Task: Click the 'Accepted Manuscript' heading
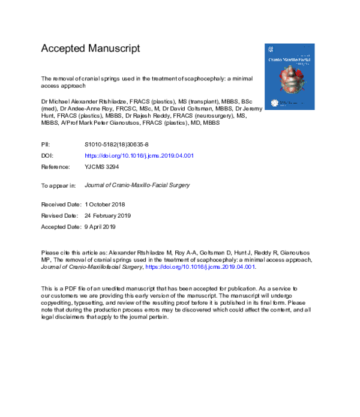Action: [90, 49]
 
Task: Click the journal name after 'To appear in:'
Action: [137, 185]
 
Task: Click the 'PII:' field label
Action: [46, 145]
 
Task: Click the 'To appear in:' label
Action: [58, 185]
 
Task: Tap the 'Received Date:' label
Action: [61, 205]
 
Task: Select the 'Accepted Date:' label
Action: [61, 227]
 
